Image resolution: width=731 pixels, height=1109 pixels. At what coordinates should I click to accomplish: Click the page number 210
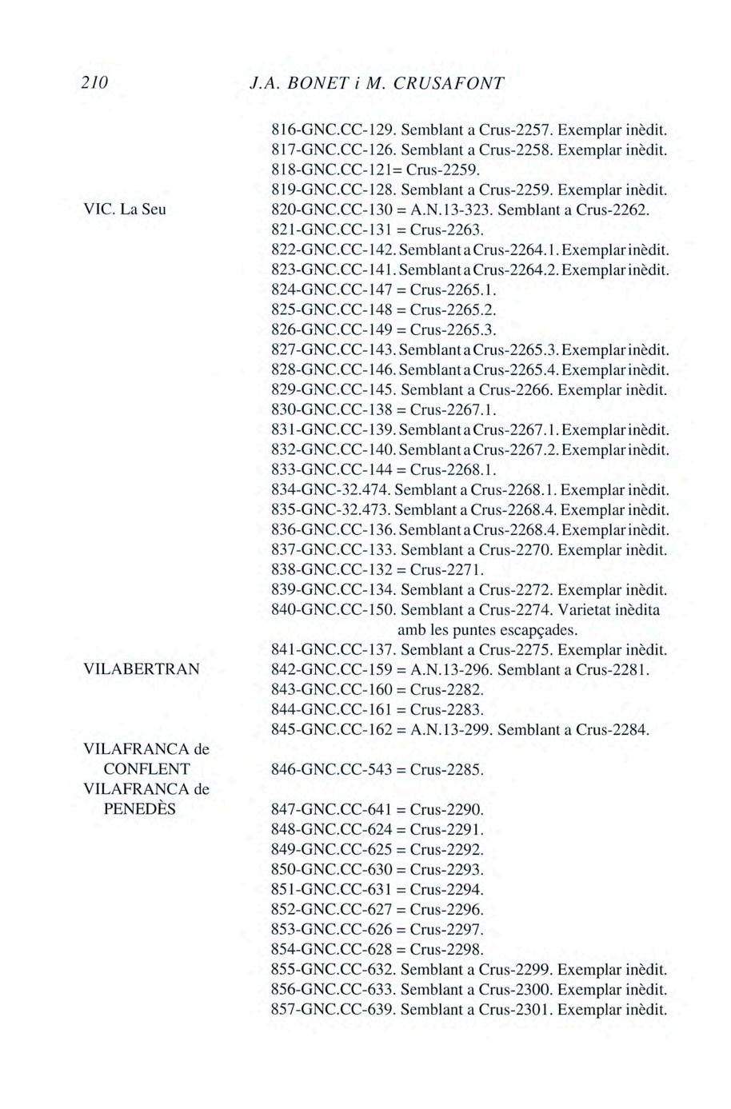pos(94,83)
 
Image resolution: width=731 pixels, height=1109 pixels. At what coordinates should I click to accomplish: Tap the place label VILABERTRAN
pos(141,669)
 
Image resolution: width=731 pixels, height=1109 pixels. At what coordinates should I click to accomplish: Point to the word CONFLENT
pos(147,769)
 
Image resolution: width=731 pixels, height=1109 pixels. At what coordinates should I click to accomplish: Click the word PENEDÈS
pos(140,809)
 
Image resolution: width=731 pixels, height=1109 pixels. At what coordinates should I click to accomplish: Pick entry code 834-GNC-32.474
pos(330,489)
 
